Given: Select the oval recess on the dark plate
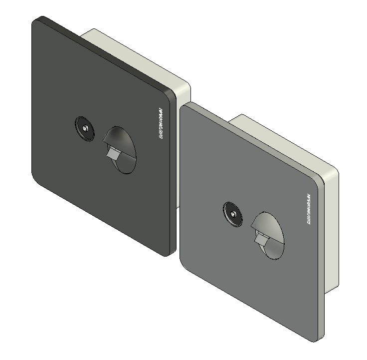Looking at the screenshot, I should coord(120,149).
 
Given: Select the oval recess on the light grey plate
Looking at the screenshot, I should coord(268,236).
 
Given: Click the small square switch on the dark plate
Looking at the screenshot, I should coord(113,153).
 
